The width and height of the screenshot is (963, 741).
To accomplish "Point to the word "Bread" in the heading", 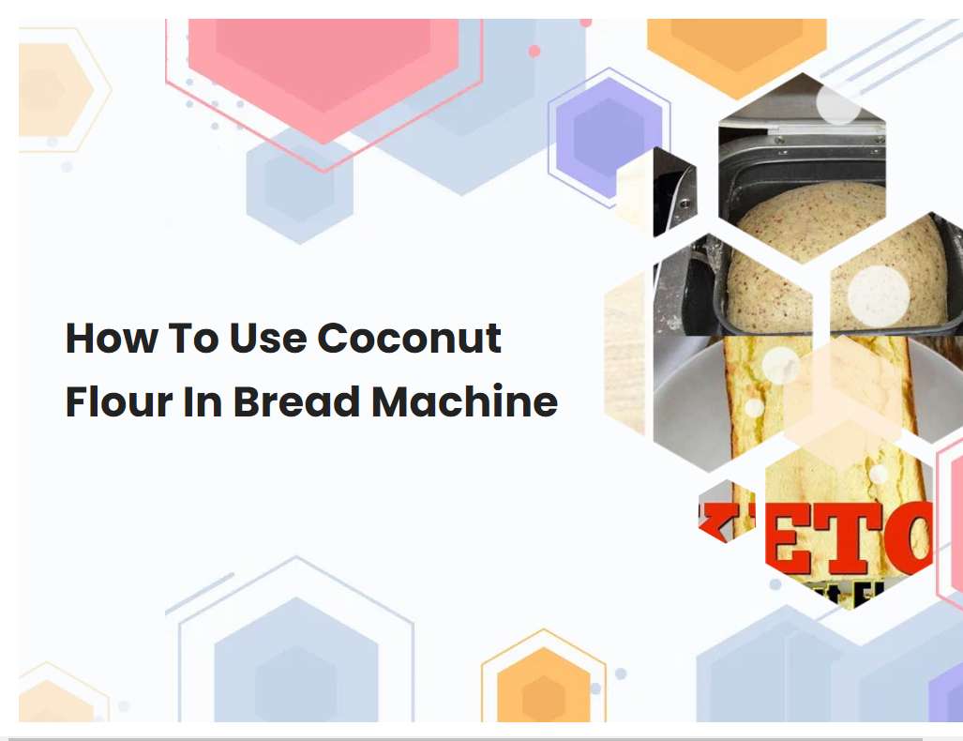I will click(x=296, y=401).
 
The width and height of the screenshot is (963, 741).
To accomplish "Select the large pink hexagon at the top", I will click(x=324, y=66).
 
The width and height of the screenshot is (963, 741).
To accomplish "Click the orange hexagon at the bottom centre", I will click(x=543, y=685).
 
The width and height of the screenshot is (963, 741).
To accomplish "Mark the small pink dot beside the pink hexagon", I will click(x=534, y=51).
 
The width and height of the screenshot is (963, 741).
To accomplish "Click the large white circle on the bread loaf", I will click(x=878, y=296).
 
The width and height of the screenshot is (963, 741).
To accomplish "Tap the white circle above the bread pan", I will click(x=837, y=103).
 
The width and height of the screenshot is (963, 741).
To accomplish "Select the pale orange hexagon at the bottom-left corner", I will click(x=52, y=699).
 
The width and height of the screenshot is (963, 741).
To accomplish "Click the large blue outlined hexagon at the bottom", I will click(x=296, y=647).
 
